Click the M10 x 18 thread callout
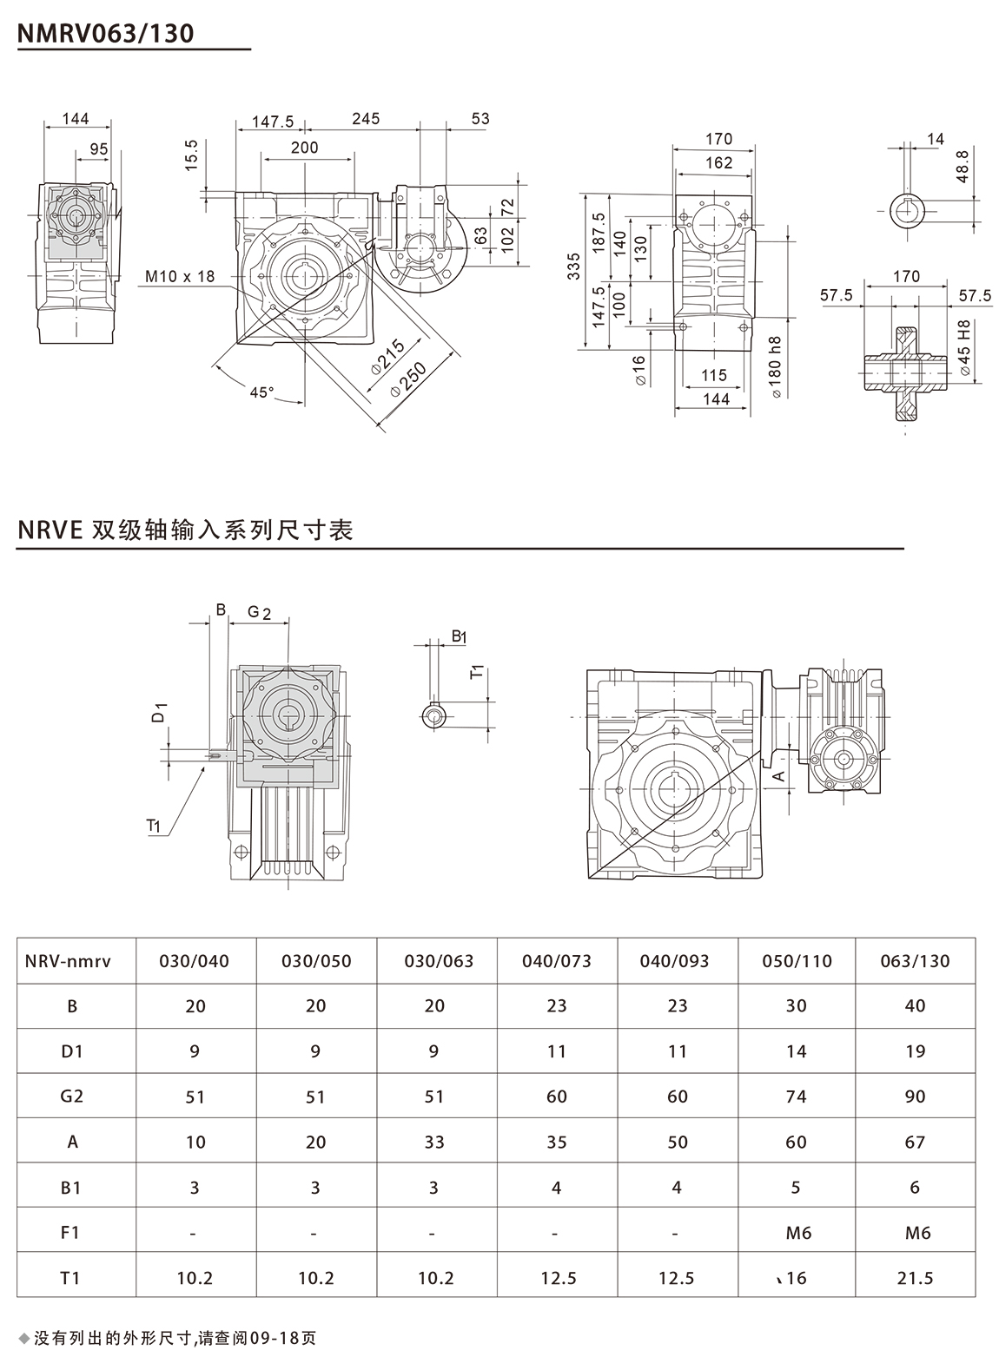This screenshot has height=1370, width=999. click(178, 277)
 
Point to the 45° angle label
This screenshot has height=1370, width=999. click(261, 392)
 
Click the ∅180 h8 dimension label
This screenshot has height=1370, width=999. click(776, 366)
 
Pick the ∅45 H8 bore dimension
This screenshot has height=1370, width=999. click(964, 347)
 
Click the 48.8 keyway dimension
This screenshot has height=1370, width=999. click(961, 166)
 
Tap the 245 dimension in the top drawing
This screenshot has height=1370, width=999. click(366, 119)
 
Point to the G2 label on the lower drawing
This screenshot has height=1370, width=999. click(259, 612)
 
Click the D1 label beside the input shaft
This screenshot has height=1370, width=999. click(159, 715)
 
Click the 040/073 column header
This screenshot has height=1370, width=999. click(556, 961)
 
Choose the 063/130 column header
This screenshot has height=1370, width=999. click(915, 961)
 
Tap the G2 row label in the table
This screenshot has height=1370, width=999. click(72, 1096)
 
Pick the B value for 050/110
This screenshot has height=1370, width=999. click(796, 1006)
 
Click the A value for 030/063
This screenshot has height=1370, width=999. click(434, 1142)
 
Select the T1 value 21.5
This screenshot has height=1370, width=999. click(915, 1278)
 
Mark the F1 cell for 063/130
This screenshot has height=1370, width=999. click(916, 1233)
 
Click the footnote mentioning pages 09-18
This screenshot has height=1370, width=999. click(174, 1337)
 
